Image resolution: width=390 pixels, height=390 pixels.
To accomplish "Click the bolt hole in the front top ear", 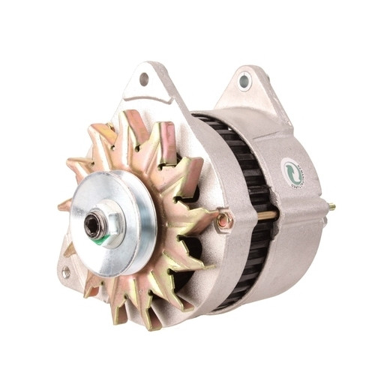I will (144, 78).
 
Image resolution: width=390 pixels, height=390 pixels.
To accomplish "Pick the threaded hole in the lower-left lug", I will (66, 272).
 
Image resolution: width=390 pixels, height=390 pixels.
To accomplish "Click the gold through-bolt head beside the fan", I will (223, 220).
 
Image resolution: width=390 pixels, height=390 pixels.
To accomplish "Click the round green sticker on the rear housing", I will (293, 173).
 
